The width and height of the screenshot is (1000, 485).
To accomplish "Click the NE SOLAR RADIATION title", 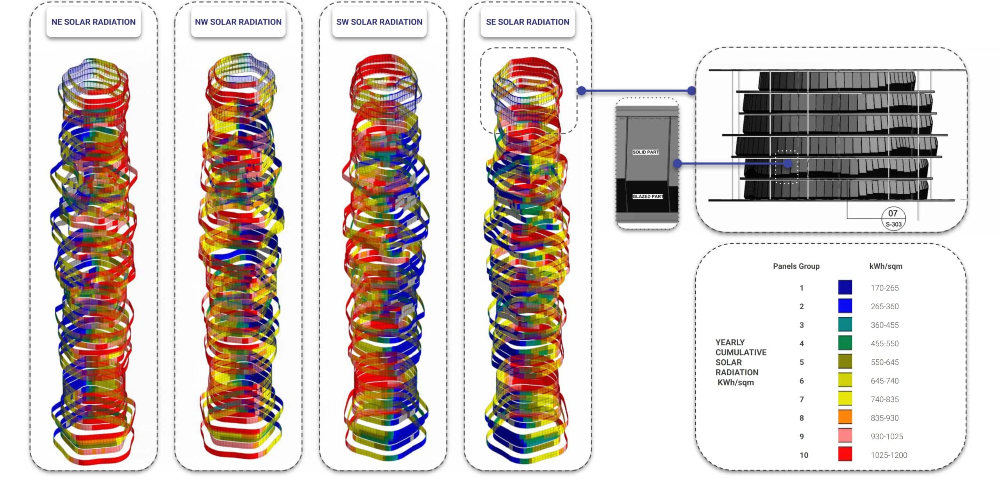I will (x=93, y=22).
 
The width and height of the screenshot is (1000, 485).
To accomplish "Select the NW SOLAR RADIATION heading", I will (x=238, y=22).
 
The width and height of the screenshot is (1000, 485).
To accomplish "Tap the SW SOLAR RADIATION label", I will (x=379, y=22).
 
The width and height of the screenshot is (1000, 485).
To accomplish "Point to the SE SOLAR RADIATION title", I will (x=527, y=22).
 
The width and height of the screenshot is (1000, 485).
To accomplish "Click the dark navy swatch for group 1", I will (x=845, y=287).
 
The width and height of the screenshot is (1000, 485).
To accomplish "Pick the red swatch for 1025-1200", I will (x=845, y=455).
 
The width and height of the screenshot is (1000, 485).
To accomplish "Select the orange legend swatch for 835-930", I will (x=845, y=417).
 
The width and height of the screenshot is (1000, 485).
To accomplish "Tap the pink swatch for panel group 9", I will (x=845, y=436).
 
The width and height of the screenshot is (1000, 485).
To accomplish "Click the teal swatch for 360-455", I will (x=845, y=325).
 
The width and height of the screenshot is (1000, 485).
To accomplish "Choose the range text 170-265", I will (x=884, y=288).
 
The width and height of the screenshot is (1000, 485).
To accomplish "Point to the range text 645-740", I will (x=884, y=381).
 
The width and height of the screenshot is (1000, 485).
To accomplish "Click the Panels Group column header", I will (x=796, y=266).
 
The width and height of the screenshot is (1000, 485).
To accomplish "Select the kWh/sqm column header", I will (x=886, y=266).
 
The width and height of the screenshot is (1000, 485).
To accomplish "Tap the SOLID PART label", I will (x=645, y=152).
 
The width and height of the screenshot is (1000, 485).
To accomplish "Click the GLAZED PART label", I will (x=647, y=196).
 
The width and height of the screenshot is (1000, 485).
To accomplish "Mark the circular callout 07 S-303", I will (x=893, y=218).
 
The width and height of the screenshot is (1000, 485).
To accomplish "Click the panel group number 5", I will (x=802, y=362).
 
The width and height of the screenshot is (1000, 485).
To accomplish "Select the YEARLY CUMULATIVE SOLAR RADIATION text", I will (x=740, y=362).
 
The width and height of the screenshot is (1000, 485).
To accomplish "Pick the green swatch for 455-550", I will (x=845, y=343).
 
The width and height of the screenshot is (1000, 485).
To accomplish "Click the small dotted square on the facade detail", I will (x=786, y=167).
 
